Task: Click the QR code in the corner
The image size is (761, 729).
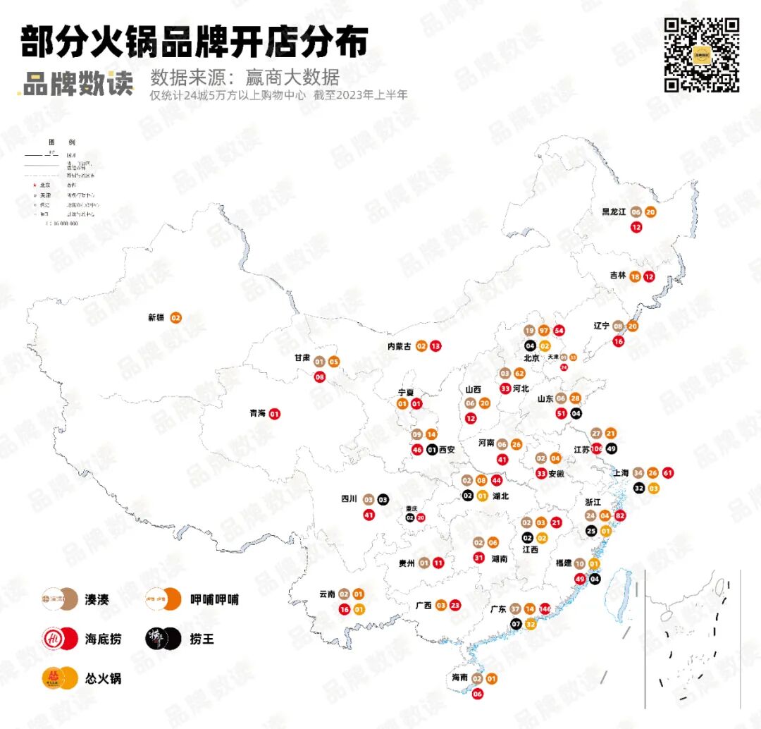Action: pos(702,55)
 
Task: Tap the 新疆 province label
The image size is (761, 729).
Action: pos(156,318)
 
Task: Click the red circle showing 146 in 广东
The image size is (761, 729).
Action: pos(545,609)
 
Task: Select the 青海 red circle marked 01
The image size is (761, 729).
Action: pos(275,414)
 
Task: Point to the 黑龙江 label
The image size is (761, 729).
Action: pos(613,212)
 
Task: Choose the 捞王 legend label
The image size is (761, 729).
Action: pos(202,639)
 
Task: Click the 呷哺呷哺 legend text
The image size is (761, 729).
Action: pos(214,599)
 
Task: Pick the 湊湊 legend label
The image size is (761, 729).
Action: pos(98,599)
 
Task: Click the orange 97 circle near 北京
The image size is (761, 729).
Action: pos(544,331)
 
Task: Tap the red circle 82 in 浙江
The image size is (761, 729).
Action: pos(620,516)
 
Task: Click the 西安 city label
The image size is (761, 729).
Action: pos(447,449)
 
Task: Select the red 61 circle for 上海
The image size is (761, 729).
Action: pos(668,473)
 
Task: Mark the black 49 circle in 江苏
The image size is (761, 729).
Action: pos(611,448)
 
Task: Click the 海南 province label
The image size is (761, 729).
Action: pos(460,678)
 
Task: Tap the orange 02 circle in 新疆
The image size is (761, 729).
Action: pos(175,318)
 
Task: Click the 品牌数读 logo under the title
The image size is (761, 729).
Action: pos(76,84)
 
